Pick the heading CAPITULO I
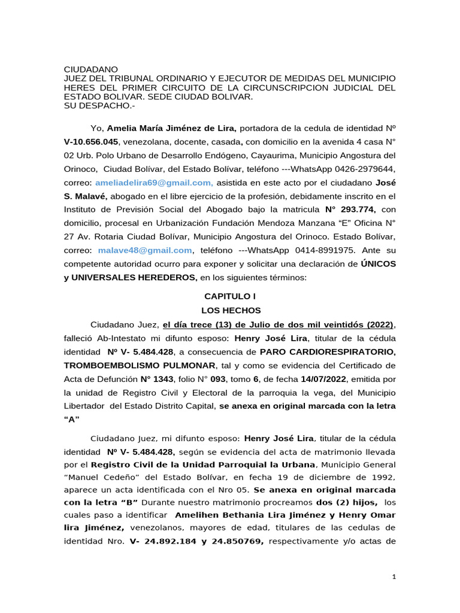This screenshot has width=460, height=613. [230, 296]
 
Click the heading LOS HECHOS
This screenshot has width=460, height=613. [230, 311]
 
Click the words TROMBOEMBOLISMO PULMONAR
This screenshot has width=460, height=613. [140, 365]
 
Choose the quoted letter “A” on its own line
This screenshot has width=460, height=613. [72, 419]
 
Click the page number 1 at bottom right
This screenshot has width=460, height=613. [394, 576]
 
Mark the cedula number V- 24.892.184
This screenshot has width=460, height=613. [159, 542]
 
